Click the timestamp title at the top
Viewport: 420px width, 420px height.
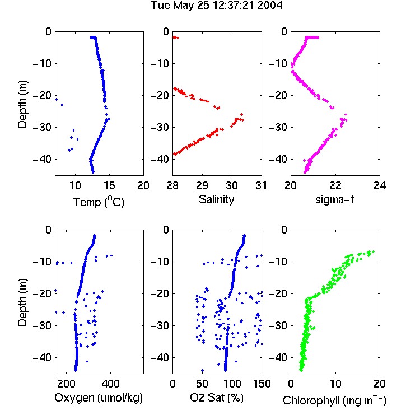click(217, 5)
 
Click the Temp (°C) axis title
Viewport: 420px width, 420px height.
click(99, 202)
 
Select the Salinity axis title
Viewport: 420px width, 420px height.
click(216, 199)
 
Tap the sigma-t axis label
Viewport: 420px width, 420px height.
click(334, 199)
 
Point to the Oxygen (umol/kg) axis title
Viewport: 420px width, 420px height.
click(99, 398)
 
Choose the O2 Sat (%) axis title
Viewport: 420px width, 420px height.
click(217, 398)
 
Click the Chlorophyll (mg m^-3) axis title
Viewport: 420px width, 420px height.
click(334, 400)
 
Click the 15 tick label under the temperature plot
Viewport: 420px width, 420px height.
click(109, 185)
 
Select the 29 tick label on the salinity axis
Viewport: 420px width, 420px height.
click(202, 185)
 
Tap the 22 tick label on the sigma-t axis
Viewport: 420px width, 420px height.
click(335, 185)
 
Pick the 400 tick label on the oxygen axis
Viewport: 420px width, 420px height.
click(110, 384)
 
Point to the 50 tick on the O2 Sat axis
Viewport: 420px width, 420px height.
click(202, 384)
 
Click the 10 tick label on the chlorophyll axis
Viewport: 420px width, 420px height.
click(335, 384)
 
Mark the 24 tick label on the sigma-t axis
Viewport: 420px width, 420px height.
click(380, 185)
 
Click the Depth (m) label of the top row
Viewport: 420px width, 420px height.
click(22, 104)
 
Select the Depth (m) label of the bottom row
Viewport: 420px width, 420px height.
click(22, 302)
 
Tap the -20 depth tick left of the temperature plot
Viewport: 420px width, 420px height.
click(42, 95)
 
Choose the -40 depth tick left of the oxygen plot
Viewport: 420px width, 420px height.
click(42, 357)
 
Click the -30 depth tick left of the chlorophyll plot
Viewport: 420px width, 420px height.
click(278, 325)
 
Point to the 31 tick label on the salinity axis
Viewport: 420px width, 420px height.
click(261, 185)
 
